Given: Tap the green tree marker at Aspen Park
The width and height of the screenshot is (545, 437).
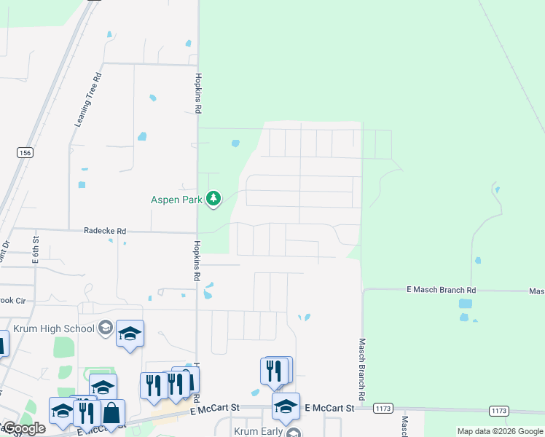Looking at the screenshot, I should point(213,198).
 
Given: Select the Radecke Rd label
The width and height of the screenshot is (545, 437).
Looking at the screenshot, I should point(106,231).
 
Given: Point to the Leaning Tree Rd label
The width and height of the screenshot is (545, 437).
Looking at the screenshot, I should point(87,100).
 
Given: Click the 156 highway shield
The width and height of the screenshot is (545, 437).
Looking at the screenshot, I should point(26,152).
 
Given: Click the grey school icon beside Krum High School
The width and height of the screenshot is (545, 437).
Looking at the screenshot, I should point(106,328).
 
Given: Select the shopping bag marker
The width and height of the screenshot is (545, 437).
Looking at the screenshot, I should point(112,413).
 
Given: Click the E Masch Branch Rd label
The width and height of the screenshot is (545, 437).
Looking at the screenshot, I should point(441,290).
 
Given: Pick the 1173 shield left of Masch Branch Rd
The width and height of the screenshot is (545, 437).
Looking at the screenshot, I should point(383,409).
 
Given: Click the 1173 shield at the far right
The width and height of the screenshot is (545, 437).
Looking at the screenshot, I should point(499,411).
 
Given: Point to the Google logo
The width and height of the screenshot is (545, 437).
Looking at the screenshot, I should point(24,428).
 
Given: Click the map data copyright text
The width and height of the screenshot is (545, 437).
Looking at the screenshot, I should point(499,431).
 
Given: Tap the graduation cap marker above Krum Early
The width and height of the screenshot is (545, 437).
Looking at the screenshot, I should point(286,406).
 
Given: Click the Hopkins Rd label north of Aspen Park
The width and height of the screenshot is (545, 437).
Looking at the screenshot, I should point(197,92).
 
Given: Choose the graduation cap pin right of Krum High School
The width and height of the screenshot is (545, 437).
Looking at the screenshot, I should point(130,334).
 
